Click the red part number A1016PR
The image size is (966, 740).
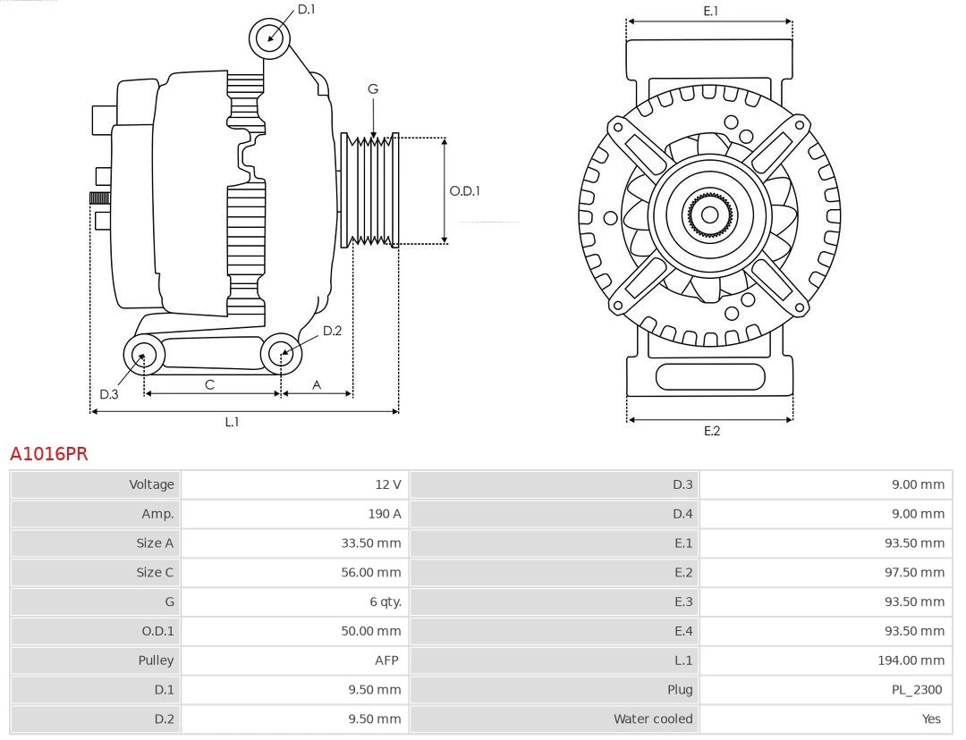pos(49,454)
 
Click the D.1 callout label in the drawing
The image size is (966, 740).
pos(306,9)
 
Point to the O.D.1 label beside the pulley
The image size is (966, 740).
pos(464,190)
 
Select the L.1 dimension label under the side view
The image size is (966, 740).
pos(232,422)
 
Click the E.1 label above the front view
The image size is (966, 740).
pos(710,11)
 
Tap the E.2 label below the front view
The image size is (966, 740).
pos(711,431)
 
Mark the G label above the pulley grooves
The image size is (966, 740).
pos(372,88)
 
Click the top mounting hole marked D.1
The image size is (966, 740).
pos(269,38)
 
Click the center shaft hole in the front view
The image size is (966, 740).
pos(709,214)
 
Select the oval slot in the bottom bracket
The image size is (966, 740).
pos(710,376)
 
